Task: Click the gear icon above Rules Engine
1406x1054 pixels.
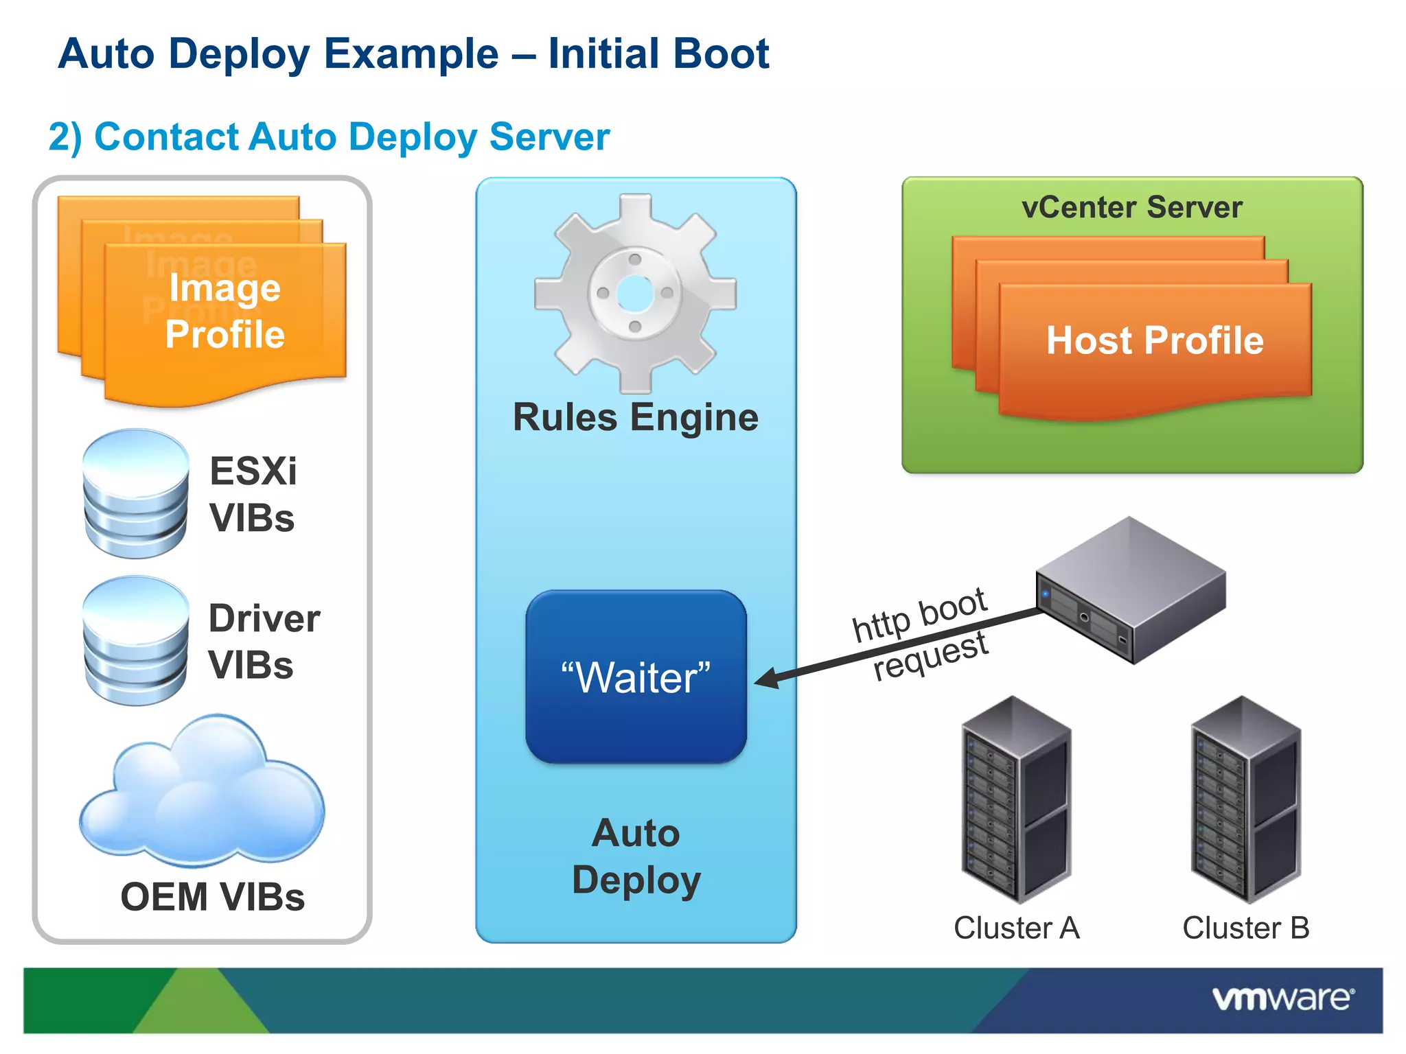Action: tap(635, 294)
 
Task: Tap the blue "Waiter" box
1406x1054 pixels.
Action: tap(636, 677)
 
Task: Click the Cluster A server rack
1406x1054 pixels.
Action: tap(1016, 799)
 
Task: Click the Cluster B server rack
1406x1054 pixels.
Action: tap(1245, 799)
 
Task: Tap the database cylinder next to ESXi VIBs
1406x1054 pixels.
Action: tap(135, 493)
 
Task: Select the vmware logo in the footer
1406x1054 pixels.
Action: tap(1282, 998)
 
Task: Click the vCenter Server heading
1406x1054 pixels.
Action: tap(1131, 207)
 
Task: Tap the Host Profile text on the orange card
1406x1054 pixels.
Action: tap(1155, 340)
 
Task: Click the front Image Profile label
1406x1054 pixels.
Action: tap(224, 311)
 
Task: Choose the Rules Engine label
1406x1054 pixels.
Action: tap(636, 417)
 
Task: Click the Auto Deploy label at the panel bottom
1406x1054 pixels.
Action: tap(636, 856)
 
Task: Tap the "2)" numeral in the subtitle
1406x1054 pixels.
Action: tap(65, 137)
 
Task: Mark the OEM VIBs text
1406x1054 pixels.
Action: tap(212, 897)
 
